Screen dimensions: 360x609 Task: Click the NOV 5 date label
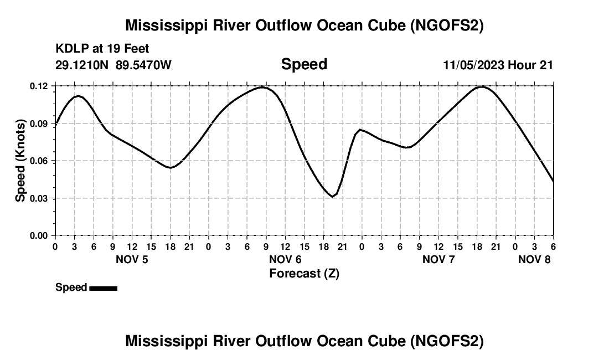pyautogui.click(x=132, y=259)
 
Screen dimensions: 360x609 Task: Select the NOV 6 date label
pyautogui.click(x=285, y=259)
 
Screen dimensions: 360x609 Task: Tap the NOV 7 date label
pyautogui.click(x=438, y=259)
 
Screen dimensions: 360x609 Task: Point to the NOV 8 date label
pyautogui.click(x=534, y=259)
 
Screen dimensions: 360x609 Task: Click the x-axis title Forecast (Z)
pyautogui.click(x=304, y=273)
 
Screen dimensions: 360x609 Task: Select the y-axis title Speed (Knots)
pyautogui.click(x=20, y=161)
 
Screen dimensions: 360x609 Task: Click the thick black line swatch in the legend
pyautogui.click(x=103, y=288)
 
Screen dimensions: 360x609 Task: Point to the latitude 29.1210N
pyautogui.click(x=82, y=65)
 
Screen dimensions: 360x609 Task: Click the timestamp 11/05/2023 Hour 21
pyautogui.click(x=498, y=65)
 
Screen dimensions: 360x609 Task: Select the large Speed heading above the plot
pyautogui.click(x=304, y=64)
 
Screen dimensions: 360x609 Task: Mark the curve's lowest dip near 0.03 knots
pyautogui.click(x=332, y=196)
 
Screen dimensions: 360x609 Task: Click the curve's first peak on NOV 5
pyautogui.click(x=79, y=96)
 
